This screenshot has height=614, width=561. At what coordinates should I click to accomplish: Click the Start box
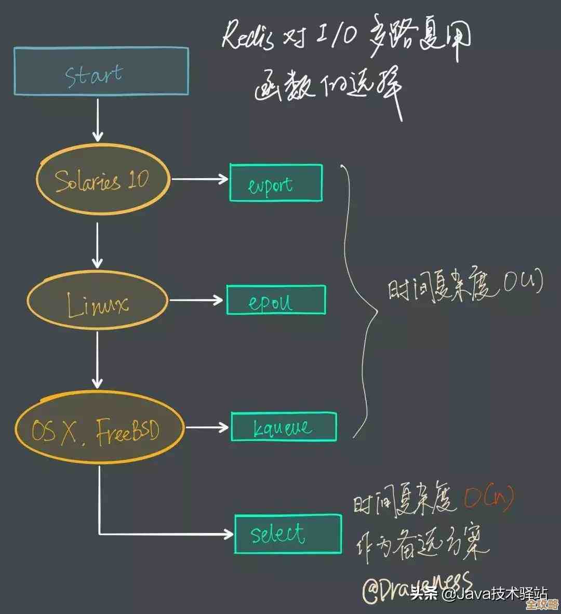pos(101,71)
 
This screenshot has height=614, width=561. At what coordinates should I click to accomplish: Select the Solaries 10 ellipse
pos(103,179)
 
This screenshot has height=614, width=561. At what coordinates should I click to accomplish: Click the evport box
pos(276,183)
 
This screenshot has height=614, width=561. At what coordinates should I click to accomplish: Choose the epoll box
pos(276,300)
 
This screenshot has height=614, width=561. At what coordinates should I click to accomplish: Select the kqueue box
pos(284,427)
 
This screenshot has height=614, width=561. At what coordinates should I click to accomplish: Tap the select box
pos(288,534)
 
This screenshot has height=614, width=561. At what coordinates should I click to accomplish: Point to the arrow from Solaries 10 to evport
pos(200,179)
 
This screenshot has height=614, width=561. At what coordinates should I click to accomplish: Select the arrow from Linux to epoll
pos(196,300)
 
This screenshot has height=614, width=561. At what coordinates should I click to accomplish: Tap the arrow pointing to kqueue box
pos(207,428)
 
